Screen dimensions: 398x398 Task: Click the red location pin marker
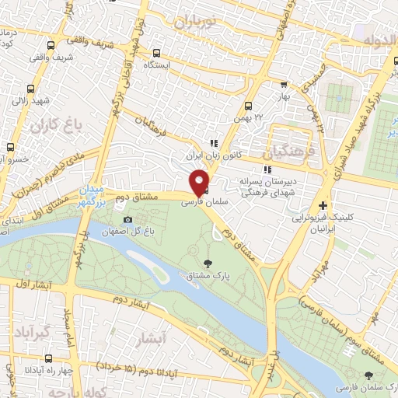coord(200,182)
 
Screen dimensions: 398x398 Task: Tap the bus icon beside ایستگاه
coord(158,54)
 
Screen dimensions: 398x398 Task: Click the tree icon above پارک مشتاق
coord(206,263)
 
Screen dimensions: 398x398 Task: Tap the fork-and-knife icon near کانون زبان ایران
coord(212,143)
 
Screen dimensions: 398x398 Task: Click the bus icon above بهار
coord(284,86)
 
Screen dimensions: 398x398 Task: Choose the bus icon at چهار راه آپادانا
coord(51,359)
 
